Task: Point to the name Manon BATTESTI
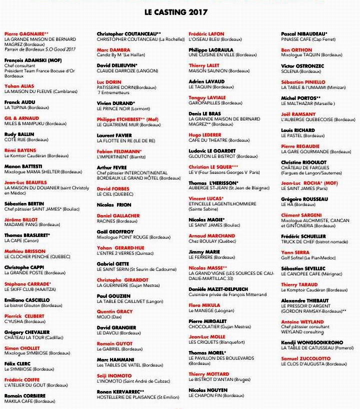23,166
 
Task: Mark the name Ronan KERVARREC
120,391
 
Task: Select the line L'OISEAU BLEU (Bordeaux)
215,39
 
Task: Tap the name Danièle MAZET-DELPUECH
218,289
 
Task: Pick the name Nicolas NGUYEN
207,389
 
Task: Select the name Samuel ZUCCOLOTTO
306,358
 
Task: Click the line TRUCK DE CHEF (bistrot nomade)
314,242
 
